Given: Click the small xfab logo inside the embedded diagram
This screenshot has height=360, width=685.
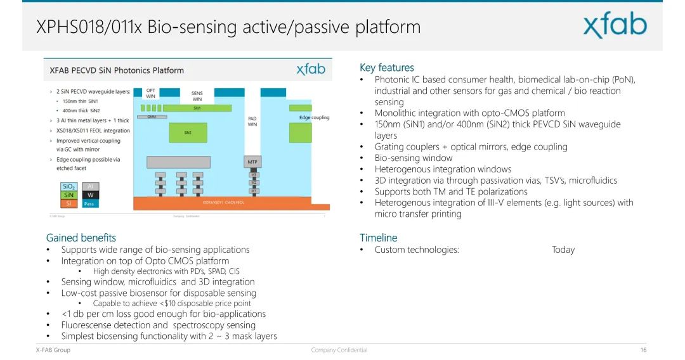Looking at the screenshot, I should (311, 69).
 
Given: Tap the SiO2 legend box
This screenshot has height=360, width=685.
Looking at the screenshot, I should (69, 186).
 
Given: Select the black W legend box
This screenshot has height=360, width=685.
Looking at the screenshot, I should (90, 195).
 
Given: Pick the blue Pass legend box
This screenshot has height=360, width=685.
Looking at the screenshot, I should (89, 203).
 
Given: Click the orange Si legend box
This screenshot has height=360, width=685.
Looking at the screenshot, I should (69, 203).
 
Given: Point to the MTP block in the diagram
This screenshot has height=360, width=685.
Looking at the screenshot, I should (252, 162).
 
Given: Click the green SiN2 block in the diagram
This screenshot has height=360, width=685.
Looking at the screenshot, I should (188, 132).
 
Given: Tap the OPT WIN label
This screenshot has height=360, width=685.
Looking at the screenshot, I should (151, 93).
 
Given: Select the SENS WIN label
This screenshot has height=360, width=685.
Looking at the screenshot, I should (197, 96).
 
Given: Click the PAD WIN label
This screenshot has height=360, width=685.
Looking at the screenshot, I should (252, 121).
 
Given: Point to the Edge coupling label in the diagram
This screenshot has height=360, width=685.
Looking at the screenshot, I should (314, 117).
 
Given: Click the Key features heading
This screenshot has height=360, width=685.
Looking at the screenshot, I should (386, 68).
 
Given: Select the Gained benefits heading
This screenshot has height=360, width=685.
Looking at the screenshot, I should (81, 238).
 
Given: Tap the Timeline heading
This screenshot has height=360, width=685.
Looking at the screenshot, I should (378, 238).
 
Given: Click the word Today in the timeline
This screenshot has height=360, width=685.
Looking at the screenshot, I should (563, 250).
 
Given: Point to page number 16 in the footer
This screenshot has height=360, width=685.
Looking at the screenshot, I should (643, 350).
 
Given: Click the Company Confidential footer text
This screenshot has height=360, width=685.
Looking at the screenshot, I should (339, 350).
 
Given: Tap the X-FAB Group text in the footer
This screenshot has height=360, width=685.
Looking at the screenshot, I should (53, 350).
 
